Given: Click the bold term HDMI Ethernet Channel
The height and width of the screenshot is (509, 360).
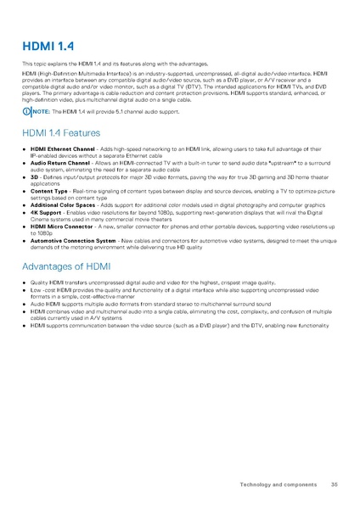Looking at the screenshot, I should coord(62,148).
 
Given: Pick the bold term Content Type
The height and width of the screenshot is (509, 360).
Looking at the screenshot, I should coord(49,192).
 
